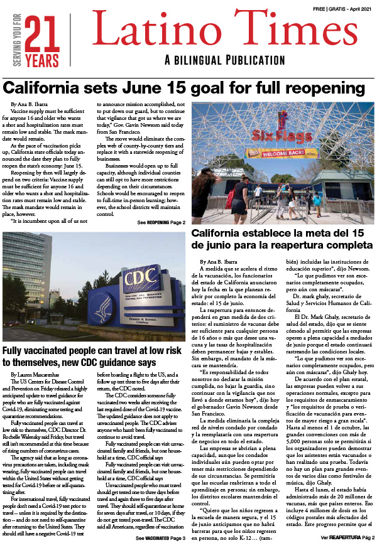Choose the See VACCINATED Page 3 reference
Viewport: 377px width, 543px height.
click(x=160, y=538)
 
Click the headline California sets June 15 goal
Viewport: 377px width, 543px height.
click(x=185, y=87)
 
